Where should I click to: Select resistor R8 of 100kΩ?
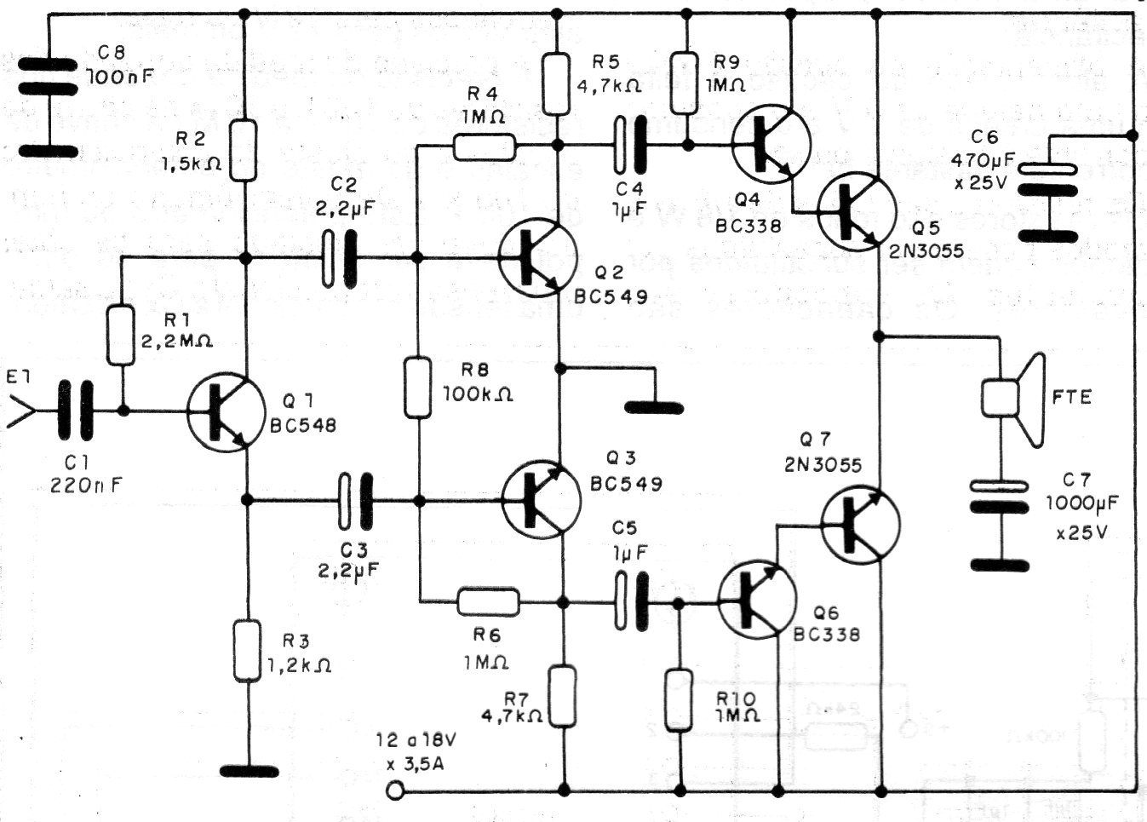[417, 388]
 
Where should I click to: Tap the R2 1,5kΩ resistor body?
[244, 151]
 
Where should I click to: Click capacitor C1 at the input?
[74, 411]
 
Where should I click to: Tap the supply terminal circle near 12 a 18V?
[394, 791]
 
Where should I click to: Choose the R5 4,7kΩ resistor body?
[556, 84]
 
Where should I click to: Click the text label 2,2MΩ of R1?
[177, 342]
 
